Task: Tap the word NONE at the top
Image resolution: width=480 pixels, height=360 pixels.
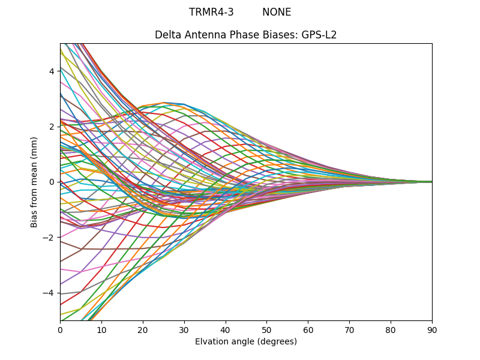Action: point(277,12)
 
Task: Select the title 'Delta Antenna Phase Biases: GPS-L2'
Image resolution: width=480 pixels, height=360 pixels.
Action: point(245,35)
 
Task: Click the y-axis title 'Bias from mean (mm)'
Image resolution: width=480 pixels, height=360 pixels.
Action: point(35,182)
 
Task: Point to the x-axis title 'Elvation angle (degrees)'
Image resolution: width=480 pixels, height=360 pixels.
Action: point(245,341)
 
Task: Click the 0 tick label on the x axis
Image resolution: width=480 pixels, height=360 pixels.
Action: point(60,329)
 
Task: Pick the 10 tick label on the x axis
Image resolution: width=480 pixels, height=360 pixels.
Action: point(101,329)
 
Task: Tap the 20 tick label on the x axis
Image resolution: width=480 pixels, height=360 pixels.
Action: point(143,329)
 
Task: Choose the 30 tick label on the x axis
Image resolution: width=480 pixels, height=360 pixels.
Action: point(184,329)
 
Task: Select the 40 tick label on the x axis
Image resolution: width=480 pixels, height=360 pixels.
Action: point(226,329)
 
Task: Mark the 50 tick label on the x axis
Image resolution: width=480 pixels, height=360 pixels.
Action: point(266,329)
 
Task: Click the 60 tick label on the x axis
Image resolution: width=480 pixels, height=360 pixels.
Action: point(308,329)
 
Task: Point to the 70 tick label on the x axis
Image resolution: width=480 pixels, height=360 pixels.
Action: point(349,329)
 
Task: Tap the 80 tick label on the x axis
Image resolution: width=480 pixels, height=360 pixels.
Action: point(391,329)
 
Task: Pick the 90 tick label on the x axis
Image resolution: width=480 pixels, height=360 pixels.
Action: point(432,329)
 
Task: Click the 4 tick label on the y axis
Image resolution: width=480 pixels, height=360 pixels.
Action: point(52,71)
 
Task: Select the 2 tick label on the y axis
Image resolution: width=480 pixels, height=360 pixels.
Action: point(52,127)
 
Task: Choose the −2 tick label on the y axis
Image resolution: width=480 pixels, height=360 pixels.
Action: point(49,238)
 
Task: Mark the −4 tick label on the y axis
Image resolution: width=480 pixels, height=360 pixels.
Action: point(49,293)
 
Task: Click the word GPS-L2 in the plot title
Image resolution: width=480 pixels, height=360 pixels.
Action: point(319,35)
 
